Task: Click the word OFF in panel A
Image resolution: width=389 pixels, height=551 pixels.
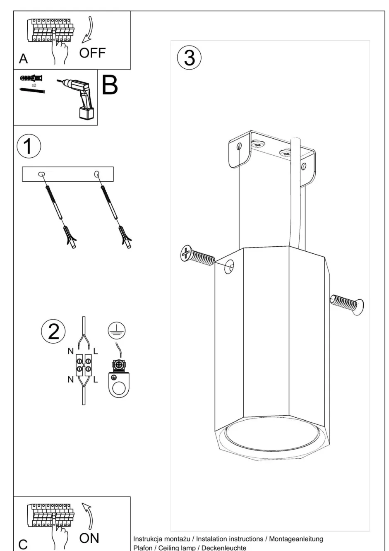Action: pyautogui.click(x=92, y=53)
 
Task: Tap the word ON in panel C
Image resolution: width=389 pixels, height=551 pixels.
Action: pyautogui.click(x=89, y=538)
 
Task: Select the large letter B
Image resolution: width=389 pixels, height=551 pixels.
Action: pyautogui.click(x=110, y=85)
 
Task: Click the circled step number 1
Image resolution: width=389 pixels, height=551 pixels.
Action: pyautogui.click(x=29, y=146)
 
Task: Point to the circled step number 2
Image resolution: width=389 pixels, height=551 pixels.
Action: pyautogui.click(x=53, y=331)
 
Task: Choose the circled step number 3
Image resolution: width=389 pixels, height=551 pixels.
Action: pyautogui.click(x=189, y=58)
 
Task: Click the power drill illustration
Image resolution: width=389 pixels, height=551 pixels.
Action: pyautogui.click(x=77, y=99)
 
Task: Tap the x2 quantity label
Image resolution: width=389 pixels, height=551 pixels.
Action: pyautogui.click(x=34, y=85)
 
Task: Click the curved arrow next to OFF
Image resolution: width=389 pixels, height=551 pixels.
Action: pyautogui.click(x=88, y=30)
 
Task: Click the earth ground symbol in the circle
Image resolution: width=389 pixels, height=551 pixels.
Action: pyautogui.click(x=117, y=330)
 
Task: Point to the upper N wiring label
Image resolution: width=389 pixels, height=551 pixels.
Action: pyautogui.click(x=71, y=351)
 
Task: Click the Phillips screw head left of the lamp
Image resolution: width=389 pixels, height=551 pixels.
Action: pyautogui.click(x=186, y=253)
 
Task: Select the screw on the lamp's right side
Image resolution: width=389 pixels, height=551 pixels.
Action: pyautogui.click(x=347, y=303)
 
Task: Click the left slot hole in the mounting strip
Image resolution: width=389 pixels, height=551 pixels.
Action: pyautogui.click(x=41, y=174)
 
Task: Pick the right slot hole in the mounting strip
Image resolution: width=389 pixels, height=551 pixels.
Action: pyautogui.click(x=97, y=174)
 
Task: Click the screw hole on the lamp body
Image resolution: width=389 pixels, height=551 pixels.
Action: pyautogui.click(x=229, y=267)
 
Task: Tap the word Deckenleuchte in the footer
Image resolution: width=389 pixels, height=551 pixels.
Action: pyautogui.click(x=224, y=548)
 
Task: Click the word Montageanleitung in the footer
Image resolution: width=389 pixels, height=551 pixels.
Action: pyautogui.click(x=296, y=539)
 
